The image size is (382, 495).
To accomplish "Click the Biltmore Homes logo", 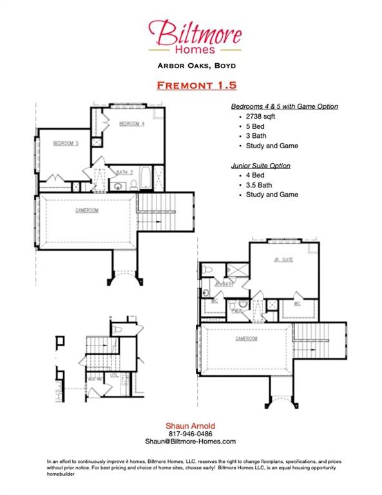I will click(x=195, y=36).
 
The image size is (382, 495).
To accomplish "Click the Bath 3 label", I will click(x=124, y=172).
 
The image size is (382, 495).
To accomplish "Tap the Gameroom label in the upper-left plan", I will click(x=87, y=211).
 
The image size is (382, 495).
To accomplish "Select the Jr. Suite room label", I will click(x=283, y=260).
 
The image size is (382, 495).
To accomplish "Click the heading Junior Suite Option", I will click(x=260, y=166).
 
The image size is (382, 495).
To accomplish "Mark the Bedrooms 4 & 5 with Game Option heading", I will click(x=284, y=106).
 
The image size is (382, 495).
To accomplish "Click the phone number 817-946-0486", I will click(x=190, y=433).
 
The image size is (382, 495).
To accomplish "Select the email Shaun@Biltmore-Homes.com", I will click(x=190, y=442).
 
